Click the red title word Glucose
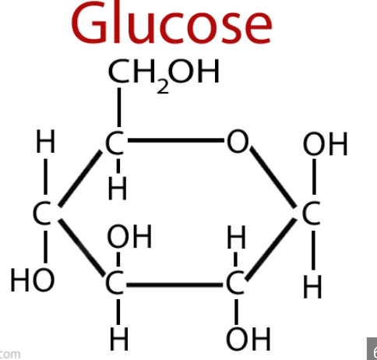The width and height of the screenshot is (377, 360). (171, 23)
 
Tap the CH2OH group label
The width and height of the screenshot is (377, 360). (164, 75)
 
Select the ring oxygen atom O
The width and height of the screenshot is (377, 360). (238, 142)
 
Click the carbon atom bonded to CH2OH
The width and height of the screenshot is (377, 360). (115, 143)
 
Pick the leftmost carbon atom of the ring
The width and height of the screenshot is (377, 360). (42, 214)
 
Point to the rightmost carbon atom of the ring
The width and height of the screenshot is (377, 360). (311, 214)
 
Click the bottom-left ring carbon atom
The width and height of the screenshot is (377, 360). (115, 283)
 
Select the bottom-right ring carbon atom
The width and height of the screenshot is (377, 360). (235, 283)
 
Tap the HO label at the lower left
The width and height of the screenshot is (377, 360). (33, 281)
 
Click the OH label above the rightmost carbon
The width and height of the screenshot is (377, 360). (325, 143)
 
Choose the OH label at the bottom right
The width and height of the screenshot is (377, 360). (248, 339)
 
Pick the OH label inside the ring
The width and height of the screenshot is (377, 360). (129, 237)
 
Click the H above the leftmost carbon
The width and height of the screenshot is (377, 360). (45, 141)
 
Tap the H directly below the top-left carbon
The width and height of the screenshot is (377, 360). (118, 189)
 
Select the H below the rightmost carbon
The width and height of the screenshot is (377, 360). (312, 287)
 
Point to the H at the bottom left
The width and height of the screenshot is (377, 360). (119, 339)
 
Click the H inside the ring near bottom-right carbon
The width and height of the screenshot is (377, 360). (236, 237)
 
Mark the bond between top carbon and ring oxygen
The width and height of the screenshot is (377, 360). (176, 141)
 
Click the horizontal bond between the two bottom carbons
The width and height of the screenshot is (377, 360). (174, 285)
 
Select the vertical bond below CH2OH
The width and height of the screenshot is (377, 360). (119, 108)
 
